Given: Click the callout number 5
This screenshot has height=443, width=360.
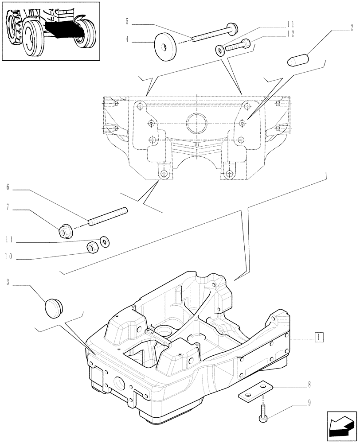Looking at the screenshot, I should [x=127, y=21].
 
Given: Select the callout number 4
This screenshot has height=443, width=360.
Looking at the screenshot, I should [x=127, y=39].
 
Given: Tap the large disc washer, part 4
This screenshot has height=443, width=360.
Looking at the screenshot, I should [x=164, y=45].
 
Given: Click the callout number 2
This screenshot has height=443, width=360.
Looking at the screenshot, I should [x=352, y=27].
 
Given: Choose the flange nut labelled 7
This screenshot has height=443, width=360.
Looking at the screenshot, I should [x=65, y=230].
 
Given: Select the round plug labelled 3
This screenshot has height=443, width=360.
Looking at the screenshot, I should [x=54, y=306].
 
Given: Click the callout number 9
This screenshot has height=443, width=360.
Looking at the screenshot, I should [x=309, y=404].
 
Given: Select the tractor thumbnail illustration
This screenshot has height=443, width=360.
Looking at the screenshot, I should [x=51, y=31].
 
